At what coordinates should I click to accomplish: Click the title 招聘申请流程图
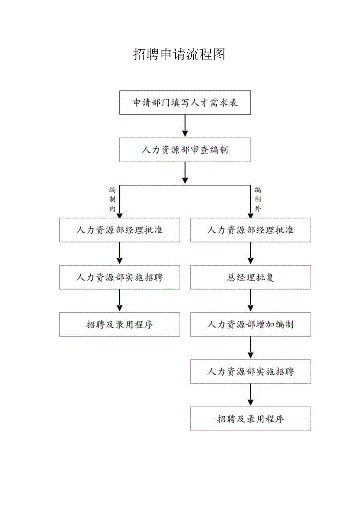180,54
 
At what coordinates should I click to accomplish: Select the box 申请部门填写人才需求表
185,103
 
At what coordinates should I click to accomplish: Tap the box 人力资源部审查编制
185,150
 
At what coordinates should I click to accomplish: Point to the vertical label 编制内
112,200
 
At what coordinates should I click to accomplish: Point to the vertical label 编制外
257,200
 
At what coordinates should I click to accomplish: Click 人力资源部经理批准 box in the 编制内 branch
119,230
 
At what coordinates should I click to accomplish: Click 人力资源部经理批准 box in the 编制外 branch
250,230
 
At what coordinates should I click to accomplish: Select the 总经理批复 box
250,277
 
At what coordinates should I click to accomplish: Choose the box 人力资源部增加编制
250,324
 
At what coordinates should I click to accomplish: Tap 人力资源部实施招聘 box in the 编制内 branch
119,277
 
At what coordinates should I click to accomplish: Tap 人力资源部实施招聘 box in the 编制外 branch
250,372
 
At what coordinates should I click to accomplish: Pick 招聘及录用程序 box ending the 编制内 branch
119,324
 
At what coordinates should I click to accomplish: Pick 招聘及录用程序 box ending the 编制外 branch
250,419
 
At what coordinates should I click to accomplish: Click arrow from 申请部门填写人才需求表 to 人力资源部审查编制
185,126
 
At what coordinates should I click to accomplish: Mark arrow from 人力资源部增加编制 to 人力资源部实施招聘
250,348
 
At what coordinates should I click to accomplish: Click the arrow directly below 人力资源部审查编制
185,173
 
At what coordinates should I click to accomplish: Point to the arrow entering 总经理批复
250,254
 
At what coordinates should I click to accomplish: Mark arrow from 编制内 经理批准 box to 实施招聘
120,254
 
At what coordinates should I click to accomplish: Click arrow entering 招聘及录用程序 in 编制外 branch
250,395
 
